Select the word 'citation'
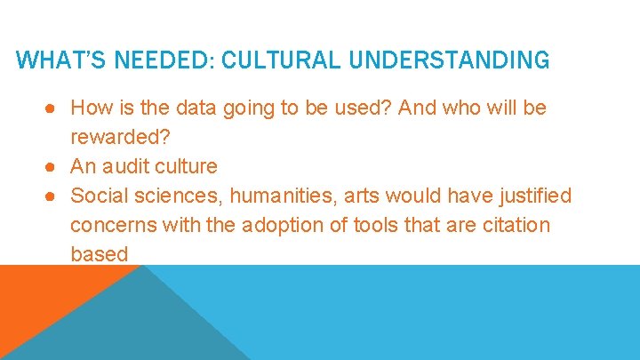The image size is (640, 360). point(515,225)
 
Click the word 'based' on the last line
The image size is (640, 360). point(100,253)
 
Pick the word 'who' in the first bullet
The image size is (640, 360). point(458,108)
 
